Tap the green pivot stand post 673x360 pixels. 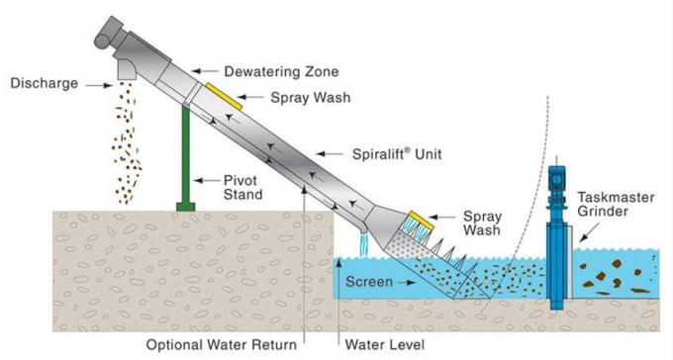click(x=185, y=158)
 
